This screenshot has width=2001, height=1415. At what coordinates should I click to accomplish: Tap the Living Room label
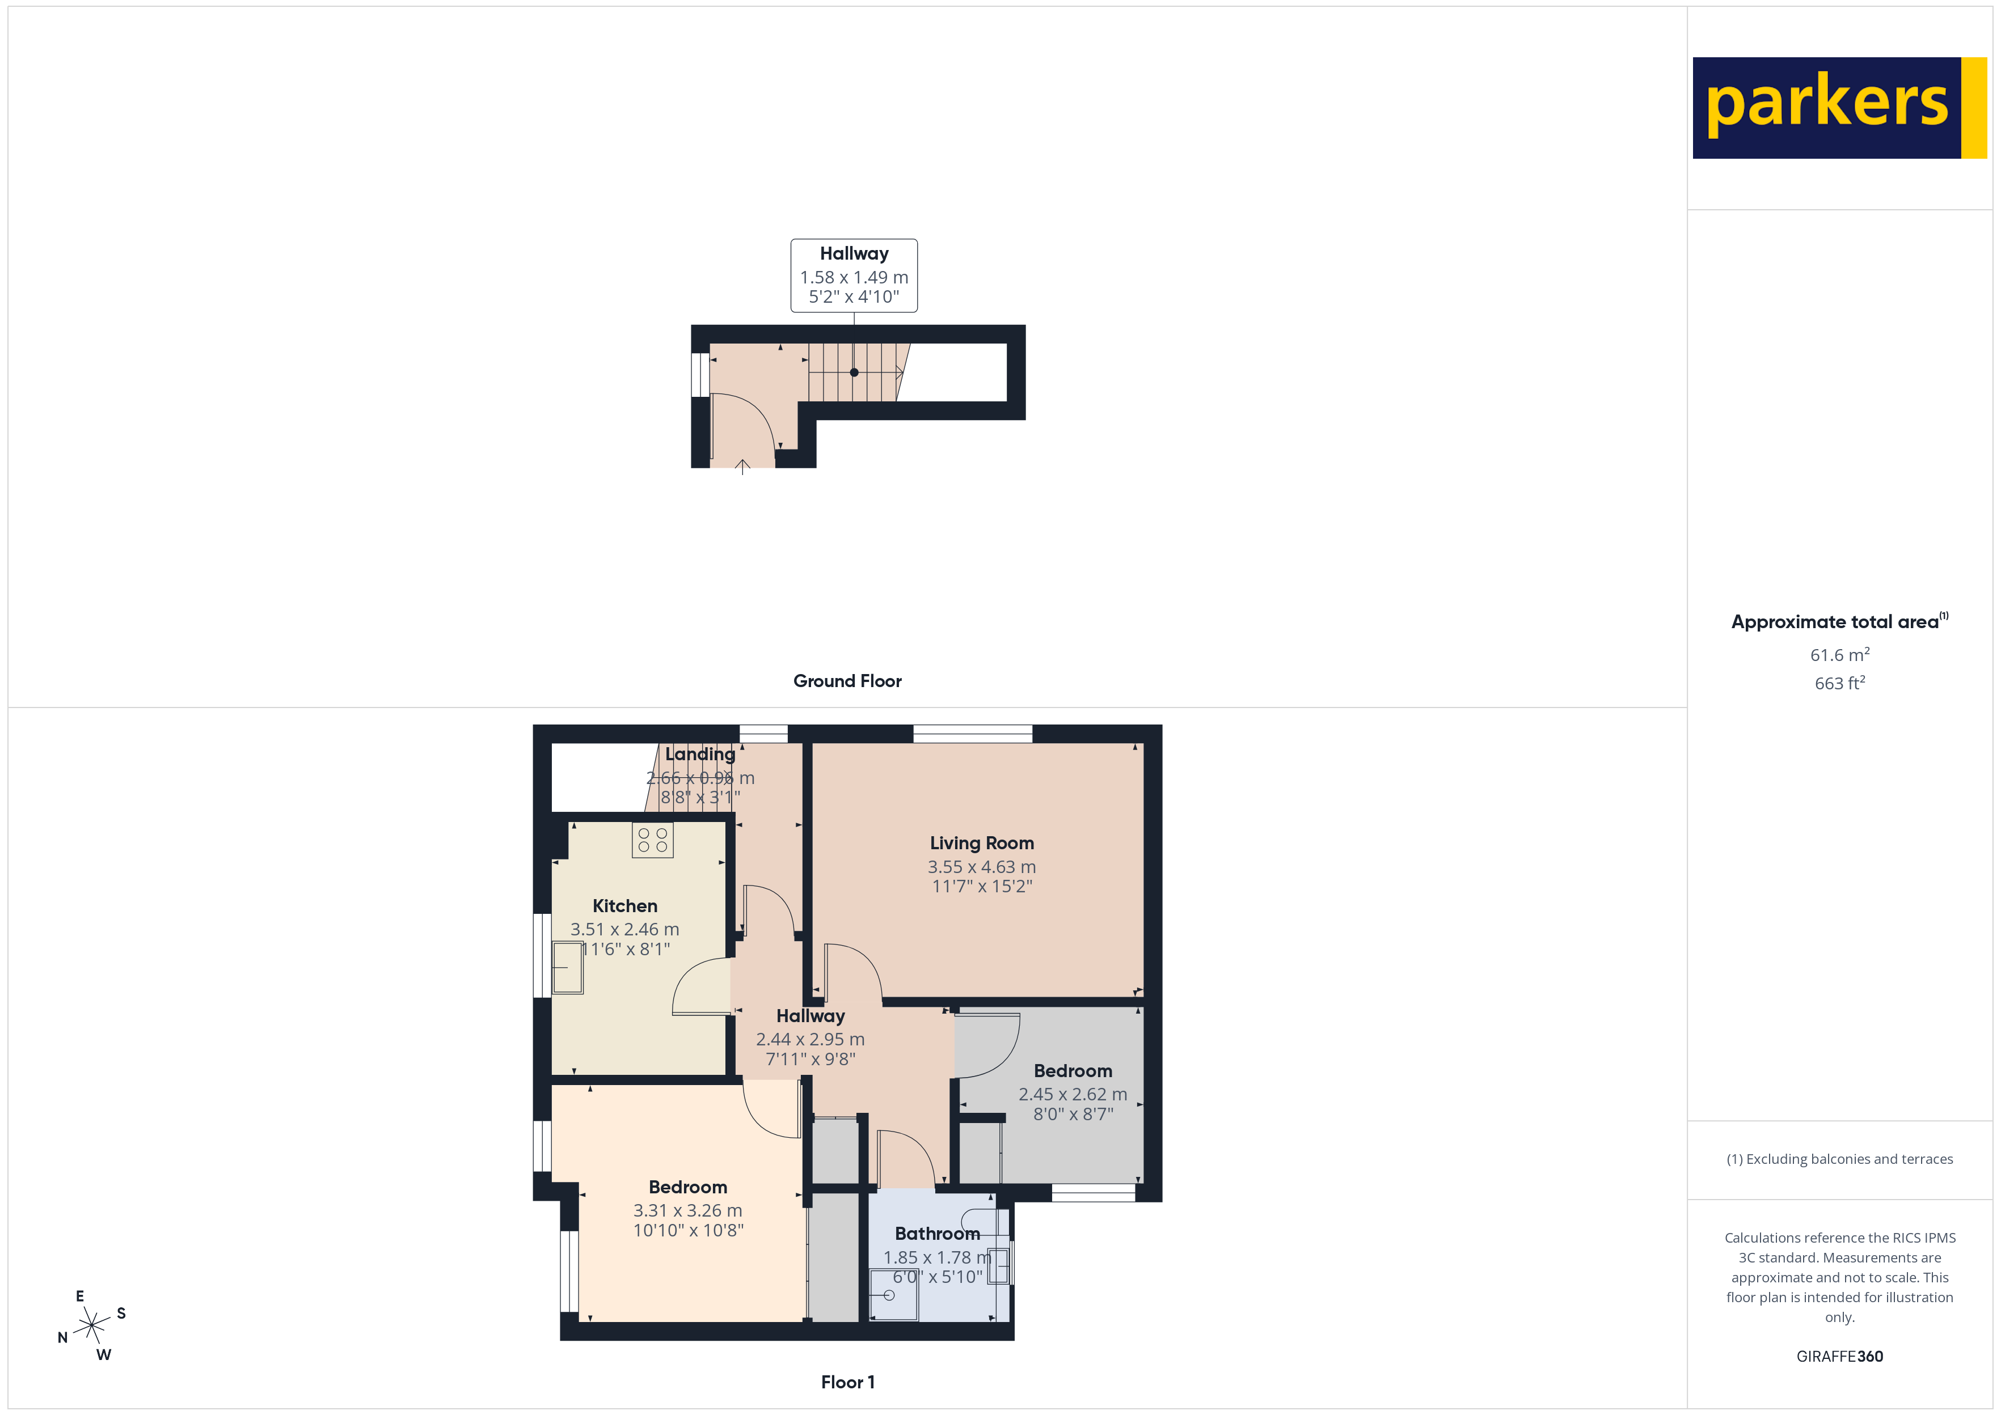click(x=981, y=842)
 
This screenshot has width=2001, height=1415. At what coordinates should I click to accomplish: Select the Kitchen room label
click(x=625, y=905)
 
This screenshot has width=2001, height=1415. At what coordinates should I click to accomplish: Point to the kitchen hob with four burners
click(x=653, y=840)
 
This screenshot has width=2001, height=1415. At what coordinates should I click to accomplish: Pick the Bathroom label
click(x=937, y=1233)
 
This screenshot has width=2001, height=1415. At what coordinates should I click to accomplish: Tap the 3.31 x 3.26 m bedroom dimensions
click(x=687, y=1210)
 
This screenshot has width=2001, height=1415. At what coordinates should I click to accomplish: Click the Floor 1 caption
click(x=847, y=1382)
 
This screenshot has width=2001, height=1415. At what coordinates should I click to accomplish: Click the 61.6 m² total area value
click(x=1839, y=654)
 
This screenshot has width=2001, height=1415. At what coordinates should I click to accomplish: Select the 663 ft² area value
click(x=1839, y=683)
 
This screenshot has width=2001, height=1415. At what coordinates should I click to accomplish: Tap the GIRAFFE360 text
click(x=1839, y=1355)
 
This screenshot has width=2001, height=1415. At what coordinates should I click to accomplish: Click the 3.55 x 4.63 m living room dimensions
click(x=981, y=867)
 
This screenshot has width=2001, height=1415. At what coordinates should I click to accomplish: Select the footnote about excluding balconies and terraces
click(x=1839, y=1159)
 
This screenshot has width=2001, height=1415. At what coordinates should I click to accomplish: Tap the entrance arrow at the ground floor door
click(x=742, y=467)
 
